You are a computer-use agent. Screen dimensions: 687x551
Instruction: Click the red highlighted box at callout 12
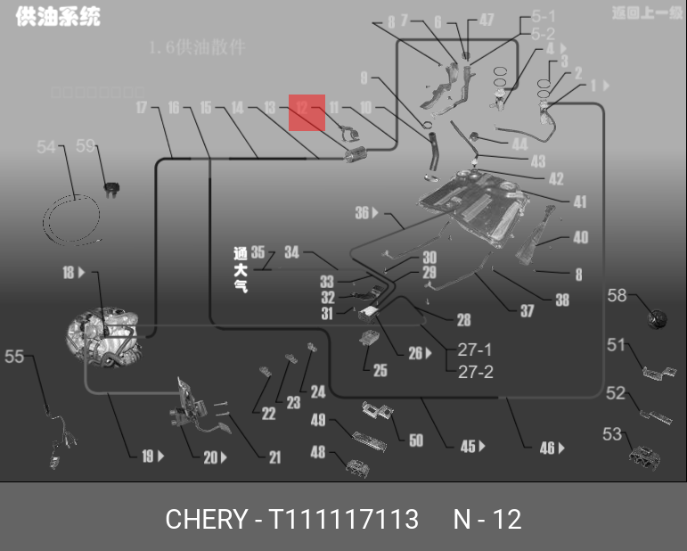(x=307, y=112)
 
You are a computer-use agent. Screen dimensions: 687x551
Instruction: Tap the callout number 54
(x=46, y=147)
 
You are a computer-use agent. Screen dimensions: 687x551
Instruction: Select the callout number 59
(x=86, y=146)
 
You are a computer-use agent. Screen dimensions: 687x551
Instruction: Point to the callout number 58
(x=617, y=295)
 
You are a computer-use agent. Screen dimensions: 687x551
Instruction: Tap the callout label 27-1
(x=475, y=350)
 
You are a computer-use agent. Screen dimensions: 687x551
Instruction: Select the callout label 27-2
(x=475, y=372)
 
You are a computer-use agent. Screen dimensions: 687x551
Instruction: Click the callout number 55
(x=14, y=357)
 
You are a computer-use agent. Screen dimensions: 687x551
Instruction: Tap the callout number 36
(x=362, y=213)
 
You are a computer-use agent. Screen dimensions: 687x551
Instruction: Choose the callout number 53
(x=612, y=434)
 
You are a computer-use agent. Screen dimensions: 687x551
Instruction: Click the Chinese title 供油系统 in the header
(x=58, y=17)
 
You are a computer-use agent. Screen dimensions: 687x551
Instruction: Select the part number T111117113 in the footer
(x=344, y=519)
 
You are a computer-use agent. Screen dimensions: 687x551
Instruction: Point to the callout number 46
(x=547, y=448)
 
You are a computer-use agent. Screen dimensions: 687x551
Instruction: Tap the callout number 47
(x=487, y=20)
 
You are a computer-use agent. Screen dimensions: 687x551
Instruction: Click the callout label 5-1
(x=544, y=16)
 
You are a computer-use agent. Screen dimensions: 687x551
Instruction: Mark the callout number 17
(x=142, y=108)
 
